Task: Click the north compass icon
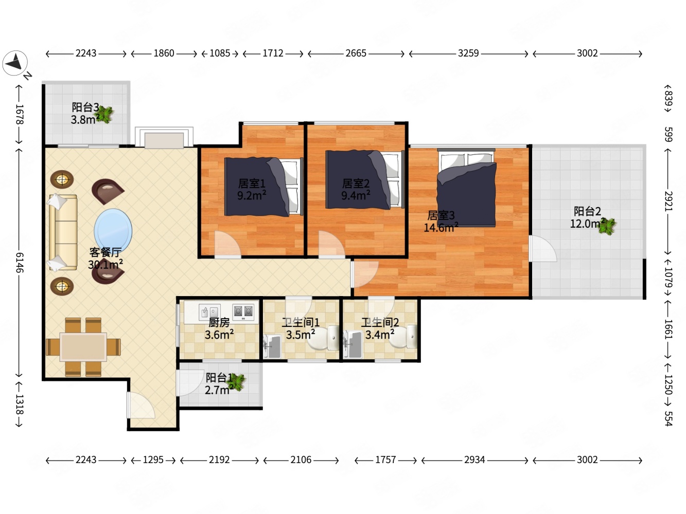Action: [15, 63]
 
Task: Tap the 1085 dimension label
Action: [220, 53]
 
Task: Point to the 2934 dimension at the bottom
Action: [474, 460]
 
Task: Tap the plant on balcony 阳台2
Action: [607, 226]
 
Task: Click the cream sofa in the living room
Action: [63, 232]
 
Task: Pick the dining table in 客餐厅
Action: [83, 347]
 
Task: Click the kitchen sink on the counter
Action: [209, 312]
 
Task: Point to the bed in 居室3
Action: [466, 188]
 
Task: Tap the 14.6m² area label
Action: [441, 228]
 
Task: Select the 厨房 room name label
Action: [219, 322]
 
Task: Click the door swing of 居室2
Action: [331, 244]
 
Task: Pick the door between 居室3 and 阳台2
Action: [543, 249]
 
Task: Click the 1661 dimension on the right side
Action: [668, 329]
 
